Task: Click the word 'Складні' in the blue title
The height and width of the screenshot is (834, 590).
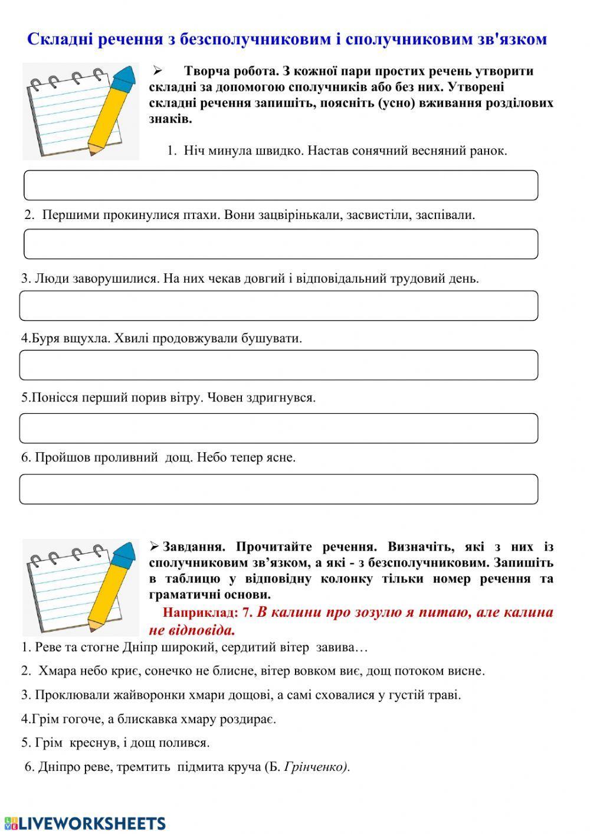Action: coord(56,40)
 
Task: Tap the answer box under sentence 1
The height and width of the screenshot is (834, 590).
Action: coord(281,185)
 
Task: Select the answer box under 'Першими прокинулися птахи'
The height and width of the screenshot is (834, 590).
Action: coord(281,244)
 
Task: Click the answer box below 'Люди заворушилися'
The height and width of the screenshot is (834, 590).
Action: coord(278,306)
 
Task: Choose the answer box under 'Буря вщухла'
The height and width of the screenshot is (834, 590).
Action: coord(278,365)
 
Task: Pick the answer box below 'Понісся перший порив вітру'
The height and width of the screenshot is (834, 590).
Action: coord(278,428)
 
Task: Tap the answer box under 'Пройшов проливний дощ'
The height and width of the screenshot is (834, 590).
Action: coord(278,489)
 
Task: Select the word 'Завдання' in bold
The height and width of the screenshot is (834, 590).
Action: coord(192,547)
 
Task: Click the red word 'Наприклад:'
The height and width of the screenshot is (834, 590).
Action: coord(200,613)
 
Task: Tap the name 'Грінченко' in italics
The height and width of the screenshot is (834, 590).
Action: coord(316,767)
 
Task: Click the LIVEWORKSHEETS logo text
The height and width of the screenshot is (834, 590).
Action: coord(91,823)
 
